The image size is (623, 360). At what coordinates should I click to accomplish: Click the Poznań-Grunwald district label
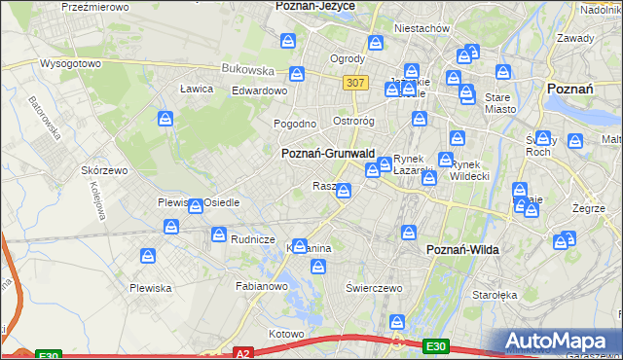328,154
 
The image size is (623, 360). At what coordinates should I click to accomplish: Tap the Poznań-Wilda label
463,250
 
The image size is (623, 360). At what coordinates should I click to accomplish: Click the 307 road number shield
355,83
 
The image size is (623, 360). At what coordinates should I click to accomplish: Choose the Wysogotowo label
70,63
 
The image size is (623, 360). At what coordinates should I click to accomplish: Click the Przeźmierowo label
95,7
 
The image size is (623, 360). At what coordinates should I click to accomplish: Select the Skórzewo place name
104,169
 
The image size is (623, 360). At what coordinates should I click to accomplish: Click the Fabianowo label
262,286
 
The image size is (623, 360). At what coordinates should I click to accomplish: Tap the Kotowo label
287,334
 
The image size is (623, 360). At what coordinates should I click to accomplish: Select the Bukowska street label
247,70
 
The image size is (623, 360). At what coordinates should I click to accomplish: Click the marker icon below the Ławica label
165,119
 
